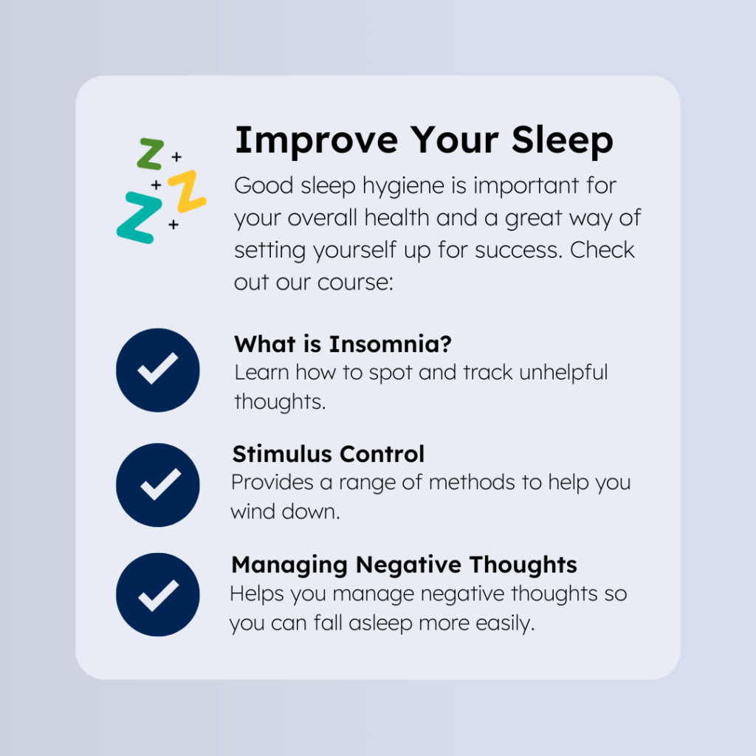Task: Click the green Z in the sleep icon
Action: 151,154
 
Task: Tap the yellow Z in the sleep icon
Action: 188,191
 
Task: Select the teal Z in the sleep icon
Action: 140,218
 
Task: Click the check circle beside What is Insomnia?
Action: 158,371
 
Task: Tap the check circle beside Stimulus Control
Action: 158,485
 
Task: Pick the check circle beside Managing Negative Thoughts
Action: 158,595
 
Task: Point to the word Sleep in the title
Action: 562,141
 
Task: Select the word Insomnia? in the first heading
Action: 391,344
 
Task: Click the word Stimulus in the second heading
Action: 283,454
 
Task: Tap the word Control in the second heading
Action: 382,454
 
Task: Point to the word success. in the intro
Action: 519,251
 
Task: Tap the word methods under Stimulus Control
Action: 472,483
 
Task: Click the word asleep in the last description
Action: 380,624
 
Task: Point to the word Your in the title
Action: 454,141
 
